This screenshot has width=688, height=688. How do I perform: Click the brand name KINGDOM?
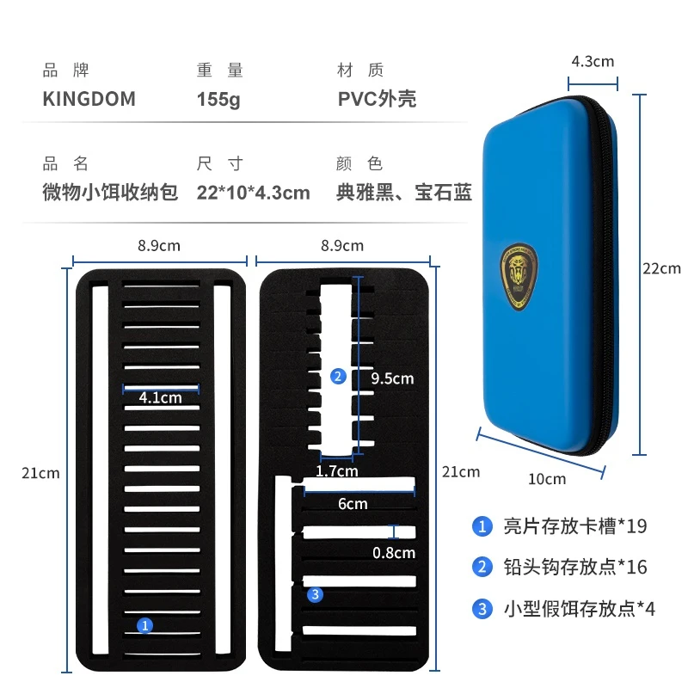89,99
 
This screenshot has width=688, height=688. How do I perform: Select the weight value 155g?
218,100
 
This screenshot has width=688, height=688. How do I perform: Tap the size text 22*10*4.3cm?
253,193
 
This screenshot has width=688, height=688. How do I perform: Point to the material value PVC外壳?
377,99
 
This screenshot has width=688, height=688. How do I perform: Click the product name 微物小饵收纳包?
110,192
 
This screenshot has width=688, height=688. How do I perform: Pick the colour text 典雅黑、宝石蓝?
404,192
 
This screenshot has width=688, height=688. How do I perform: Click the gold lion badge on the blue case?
519,277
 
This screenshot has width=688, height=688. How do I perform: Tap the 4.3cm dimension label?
593,61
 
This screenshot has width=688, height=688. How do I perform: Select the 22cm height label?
661,268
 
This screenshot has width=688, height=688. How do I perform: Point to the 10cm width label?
547,479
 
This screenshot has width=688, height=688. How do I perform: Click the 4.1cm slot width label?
160,397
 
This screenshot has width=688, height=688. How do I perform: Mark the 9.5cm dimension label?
392,378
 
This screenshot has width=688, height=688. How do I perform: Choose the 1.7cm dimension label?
337,470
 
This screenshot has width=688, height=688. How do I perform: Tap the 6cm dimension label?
353,504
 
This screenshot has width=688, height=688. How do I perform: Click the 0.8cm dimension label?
394,553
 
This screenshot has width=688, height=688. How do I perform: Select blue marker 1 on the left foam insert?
144,625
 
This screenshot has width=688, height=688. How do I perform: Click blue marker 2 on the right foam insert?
338,376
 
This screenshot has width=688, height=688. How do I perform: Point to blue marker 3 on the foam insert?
315,594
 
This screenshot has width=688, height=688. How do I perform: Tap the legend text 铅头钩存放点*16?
575,567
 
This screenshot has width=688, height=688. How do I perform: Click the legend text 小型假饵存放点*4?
579,609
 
